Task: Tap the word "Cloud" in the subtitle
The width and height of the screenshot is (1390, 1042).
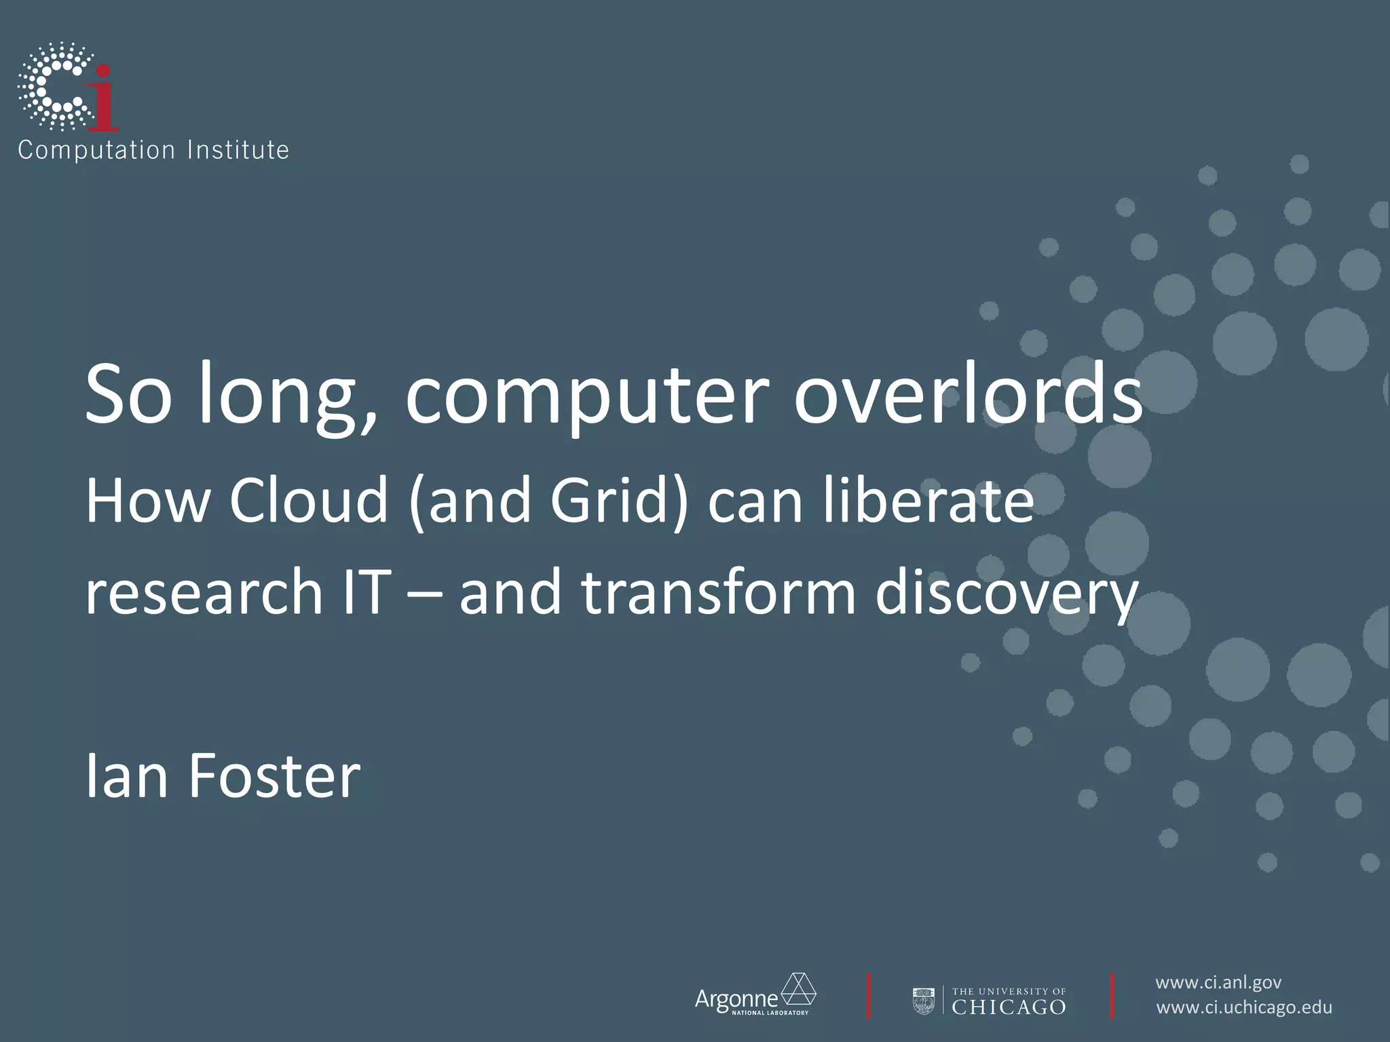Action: pyautogui.click(x=308, y=501)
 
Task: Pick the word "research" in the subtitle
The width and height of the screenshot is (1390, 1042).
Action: pyautogui.click(x=203, y=592)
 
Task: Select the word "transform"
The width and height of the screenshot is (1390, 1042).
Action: pyautogui.click(x=719, y=592)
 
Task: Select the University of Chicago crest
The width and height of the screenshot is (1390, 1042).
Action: pyautogui.click(x=924, y=1001)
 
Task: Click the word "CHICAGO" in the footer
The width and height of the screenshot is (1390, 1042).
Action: pyautogui.click(x=1009, y=1007)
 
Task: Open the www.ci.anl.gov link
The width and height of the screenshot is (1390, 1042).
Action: pyautogui.click(x=1218, y=982)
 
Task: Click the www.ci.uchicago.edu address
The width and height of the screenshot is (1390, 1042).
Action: pyautogui.click(x=1244, y=1007)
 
